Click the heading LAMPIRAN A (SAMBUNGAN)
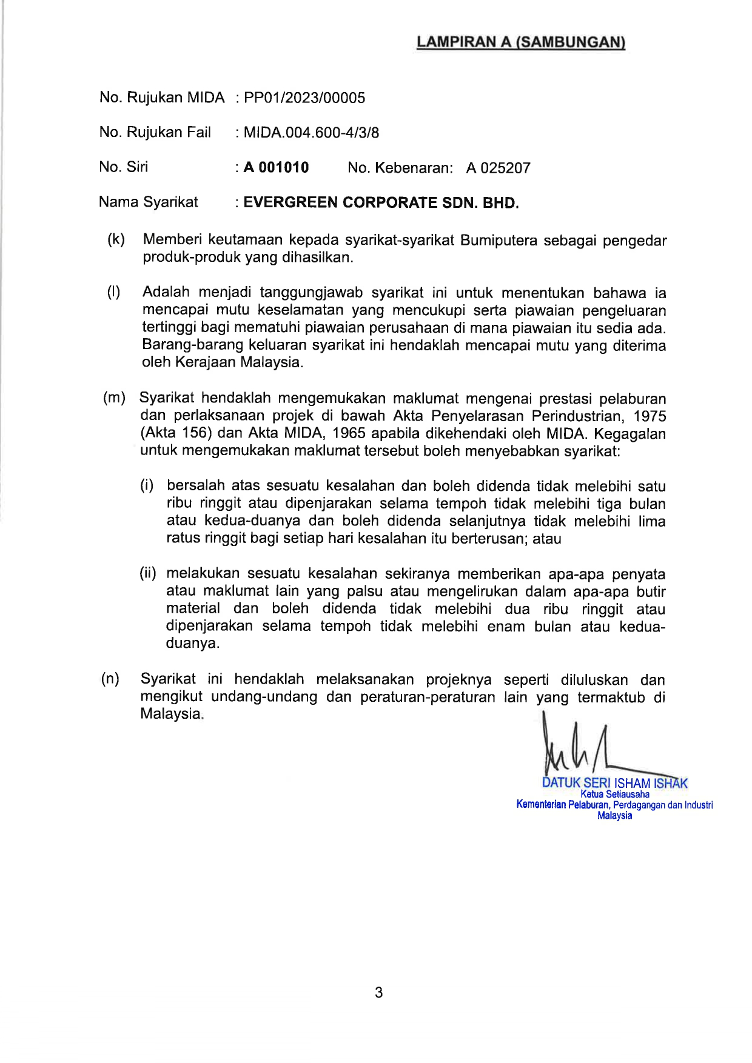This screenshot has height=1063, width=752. [x=521, y=42]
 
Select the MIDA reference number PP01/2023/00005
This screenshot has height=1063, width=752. [x=304, y=98]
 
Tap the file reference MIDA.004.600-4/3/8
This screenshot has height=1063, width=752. [x=311, y=133]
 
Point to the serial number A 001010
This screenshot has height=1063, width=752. [x=277, y=168]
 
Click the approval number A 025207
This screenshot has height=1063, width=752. [x=499, y=168]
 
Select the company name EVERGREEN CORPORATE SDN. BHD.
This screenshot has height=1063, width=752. [x=381, y=203]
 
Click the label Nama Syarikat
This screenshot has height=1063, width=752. [x=149, y=202]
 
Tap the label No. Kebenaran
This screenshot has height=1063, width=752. [x=400, y=168]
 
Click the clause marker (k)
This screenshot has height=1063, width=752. [x=116, y=239]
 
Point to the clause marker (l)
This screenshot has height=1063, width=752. [x=113, y=292]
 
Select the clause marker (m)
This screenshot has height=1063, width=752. [x=114, y=398]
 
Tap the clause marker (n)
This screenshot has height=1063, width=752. [x=110, y=679]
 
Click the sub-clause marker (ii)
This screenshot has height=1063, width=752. [x=148, y=573]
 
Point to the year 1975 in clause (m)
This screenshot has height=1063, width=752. [x=650, y=416]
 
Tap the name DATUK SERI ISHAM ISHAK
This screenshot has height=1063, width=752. [x=614, y=783]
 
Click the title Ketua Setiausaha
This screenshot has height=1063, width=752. [x=614, y=794]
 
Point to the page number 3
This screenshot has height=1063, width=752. [x=379, y=993]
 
